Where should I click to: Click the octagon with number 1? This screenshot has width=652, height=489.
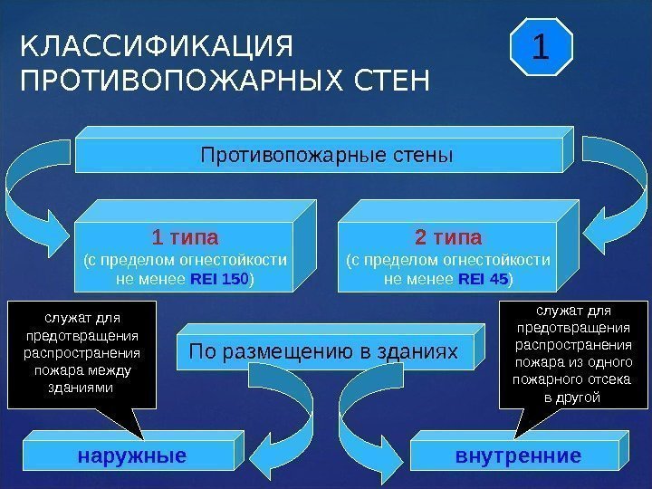tap(540, 46)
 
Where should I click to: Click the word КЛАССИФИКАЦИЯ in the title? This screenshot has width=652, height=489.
tap(158, 46)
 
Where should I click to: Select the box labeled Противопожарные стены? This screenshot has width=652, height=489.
tap(325, 156)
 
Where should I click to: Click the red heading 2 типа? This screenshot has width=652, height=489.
tap(448, 238)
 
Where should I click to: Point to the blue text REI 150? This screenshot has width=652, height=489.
tap(218, 280)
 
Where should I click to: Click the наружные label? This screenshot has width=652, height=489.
tap(132, 455)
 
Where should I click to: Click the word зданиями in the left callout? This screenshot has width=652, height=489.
tap(80, 388)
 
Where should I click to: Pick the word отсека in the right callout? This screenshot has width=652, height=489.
tap(597, 380)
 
